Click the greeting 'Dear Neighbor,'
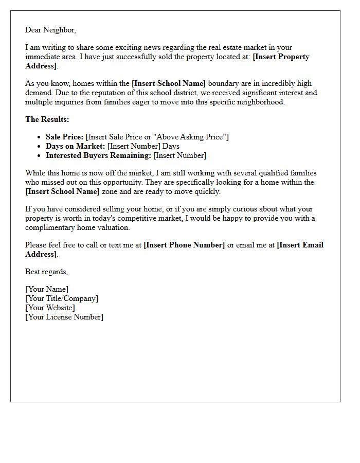50,30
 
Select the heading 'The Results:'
47,119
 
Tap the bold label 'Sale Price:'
64,137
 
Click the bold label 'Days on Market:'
75,146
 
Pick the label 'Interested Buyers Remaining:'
98,155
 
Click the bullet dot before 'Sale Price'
39,137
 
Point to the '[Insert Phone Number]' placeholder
184,245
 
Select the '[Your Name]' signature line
47,289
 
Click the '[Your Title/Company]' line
62,298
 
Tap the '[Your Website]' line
50,308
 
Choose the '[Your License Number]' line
64,317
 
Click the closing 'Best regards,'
46,272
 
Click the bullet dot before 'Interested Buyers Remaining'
39,156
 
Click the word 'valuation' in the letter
113,227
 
